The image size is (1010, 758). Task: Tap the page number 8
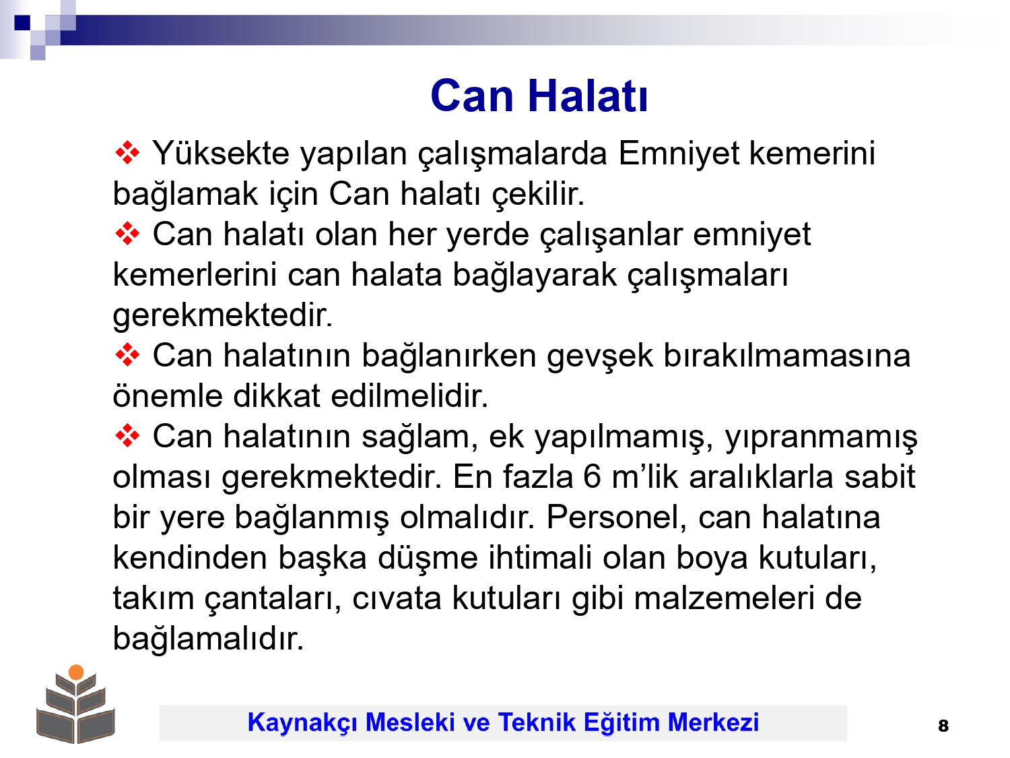point(943,726)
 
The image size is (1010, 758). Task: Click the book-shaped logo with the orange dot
point(75,703)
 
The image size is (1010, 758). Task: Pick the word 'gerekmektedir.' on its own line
point(222,315)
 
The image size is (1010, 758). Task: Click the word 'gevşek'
point(599,356)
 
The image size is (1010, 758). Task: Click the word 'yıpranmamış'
point(821,437)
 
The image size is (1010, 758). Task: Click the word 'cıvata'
point(397,598)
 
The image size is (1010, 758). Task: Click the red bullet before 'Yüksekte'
point(127,153)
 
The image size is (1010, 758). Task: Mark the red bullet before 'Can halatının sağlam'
point(127,436)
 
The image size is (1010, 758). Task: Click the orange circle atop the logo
point(76,672)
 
